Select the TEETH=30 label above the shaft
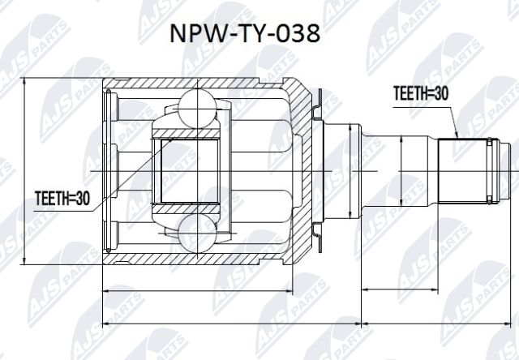tap(420, 94)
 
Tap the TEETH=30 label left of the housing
tap(62, 196)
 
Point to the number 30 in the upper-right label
tap(441, 94)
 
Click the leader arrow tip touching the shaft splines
tap(457, 139)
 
